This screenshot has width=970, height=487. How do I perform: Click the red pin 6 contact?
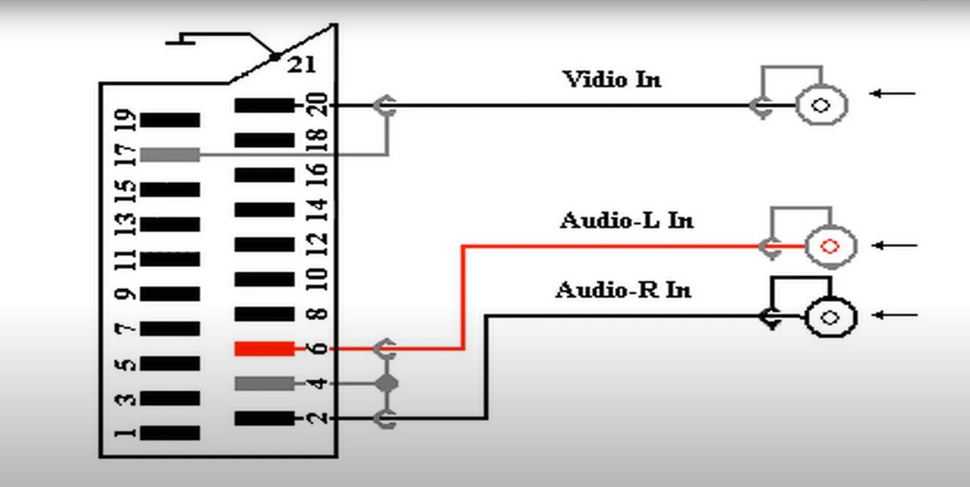tap(264, 349)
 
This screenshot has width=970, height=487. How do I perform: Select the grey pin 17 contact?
tap(170, 154)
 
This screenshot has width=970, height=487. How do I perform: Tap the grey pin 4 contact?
tap(264, 383)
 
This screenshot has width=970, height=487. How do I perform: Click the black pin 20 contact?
tap(264, 105)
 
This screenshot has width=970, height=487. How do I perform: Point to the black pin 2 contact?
tap(264, 418)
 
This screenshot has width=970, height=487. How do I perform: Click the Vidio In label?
tap(611, 79)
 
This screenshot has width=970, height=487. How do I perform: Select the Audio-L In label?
tap(626, 220)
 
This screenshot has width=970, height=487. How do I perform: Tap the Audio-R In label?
tap(623, 290)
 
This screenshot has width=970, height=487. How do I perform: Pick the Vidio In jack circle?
tap(822, 105)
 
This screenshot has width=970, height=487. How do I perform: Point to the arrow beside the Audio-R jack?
tap(896, 315)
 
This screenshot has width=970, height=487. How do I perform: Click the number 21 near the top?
tap(301, 65)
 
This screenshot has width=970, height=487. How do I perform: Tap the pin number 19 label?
tap(126, 120)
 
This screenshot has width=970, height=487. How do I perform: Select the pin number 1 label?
tap(126, 434)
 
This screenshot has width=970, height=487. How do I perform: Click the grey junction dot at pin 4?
tap(388, 383)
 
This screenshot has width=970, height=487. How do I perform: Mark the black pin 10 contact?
tap(264, 279)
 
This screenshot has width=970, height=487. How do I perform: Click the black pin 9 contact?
tap(170, 294)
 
